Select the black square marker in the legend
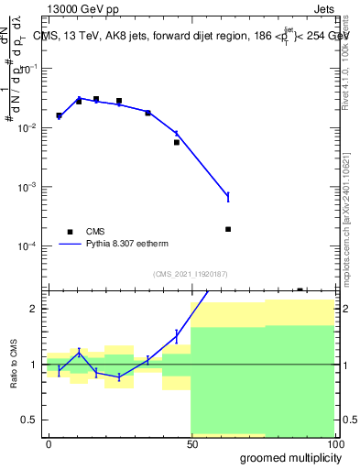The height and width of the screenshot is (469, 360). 69,232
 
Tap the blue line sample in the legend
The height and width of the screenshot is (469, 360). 69,245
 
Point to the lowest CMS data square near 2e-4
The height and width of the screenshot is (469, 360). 228,229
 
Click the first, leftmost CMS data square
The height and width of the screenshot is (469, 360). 59,115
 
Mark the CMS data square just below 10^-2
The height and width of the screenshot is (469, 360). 177,142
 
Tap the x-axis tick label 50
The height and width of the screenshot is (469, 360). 191,443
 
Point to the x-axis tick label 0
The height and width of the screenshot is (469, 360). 49,443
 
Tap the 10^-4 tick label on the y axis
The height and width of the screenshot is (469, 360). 27,246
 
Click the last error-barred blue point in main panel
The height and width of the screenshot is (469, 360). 228,196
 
